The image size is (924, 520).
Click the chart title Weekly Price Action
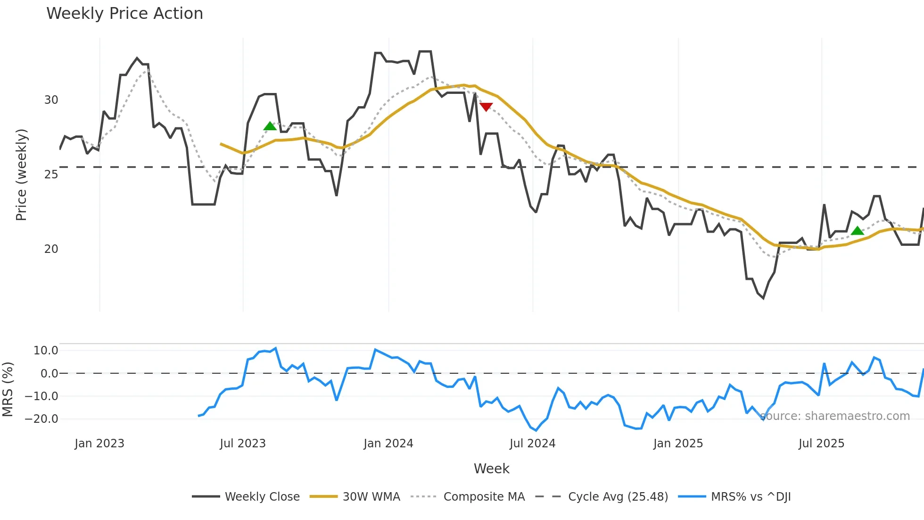(124, 14)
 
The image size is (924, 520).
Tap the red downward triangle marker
(486, 107)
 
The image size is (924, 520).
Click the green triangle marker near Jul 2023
(270, 126)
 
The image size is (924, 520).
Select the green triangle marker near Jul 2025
(858, 231)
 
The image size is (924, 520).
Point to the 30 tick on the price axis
(51, 100)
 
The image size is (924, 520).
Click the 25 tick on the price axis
(51, 175)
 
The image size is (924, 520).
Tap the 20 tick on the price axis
(51, 249)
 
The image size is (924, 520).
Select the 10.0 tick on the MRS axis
(46, 351)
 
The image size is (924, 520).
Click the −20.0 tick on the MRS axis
(41, 419)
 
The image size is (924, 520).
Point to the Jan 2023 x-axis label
(99, 444)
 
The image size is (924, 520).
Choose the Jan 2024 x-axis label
(388, 444)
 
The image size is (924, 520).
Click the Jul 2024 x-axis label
(533, 444)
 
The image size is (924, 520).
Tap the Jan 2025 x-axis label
(678, 444)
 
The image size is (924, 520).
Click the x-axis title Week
(491, 469)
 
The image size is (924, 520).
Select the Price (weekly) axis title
(21, 175)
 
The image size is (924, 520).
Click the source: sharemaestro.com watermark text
(835, 416)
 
